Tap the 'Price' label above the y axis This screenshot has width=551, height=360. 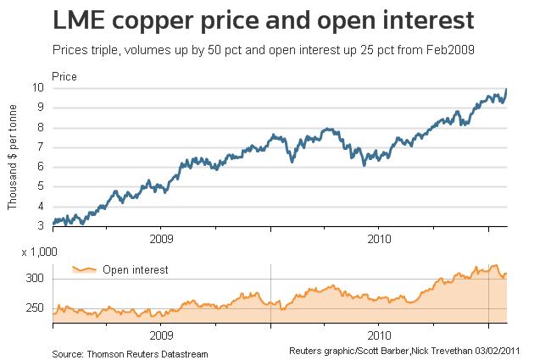pos(65,76)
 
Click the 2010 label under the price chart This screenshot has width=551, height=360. pos(379,238)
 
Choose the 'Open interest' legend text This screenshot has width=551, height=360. pos(136,270)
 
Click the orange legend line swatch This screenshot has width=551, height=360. pos(83,269)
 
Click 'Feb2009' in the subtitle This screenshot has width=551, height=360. pos(450,50)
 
